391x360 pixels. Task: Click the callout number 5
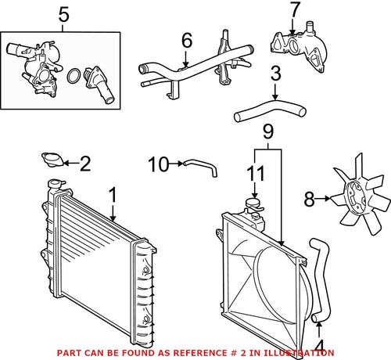63,15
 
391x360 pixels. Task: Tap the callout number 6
187,41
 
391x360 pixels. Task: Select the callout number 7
295,10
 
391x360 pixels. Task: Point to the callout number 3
275,74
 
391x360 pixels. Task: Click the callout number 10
159,164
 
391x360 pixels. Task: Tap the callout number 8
310,200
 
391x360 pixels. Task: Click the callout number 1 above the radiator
113,195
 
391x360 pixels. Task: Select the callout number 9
268,131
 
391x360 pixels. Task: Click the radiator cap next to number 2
52,160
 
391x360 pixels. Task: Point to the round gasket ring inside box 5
74,76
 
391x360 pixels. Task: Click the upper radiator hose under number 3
270,110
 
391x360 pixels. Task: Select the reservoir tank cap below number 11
253,203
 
